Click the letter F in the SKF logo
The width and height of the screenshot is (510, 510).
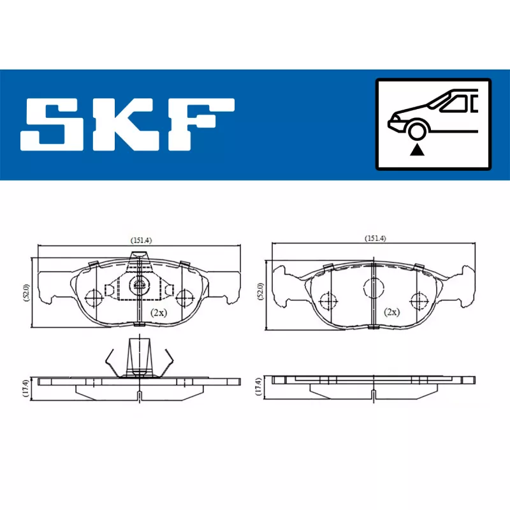[x=201, y=124]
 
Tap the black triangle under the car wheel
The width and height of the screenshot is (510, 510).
[x=417, y=150]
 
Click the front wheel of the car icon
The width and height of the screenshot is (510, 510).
[x=417, y=132]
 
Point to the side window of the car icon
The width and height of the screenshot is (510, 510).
[x=455, y=104]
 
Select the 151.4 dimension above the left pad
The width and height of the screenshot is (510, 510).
[x=141, y=240]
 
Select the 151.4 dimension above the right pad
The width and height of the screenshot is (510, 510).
[x=375, y=238]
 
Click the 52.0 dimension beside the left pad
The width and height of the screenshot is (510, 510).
[x=26, y=293]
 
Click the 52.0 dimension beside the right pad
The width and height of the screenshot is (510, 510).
[x=260, y=291]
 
